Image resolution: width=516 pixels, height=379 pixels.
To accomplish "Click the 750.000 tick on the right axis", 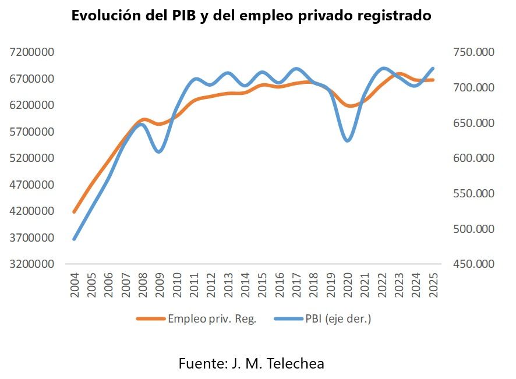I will click(x=473, y=52).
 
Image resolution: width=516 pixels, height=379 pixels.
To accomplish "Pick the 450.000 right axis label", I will click(x=473, y=264).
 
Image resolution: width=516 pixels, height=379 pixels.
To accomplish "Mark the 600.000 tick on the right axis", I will click(x=473, y=158).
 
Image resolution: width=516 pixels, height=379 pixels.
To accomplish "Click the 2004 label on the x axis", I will click(x=75, y=286).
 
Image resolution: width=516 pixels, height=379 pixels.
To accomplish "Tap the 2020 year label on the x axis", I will click(x=348, y=286).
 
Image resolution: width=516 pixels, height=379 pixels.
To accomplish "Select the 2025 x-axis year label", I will click(x=433, y=286).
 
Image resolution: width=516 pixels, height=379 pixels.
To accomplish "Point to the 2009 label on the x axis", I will click(x=160, y=286).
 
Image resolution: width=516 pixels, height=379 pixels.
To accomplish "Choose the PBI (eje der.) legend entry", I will click(x=338, y=318).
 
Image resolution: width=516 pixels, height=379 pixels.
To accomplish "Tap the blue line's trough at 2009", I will click(x=160, y=152).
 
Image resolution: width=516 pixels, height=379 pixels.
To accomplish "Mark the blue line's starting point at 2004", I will click(x=75, y=239).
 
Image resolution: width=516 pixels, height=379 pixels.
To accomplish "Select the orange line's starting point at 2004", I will click(x=75, y=212).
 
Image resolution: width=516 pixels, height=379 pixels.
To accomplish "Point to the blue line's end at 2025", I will click(x=433, y=68).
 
